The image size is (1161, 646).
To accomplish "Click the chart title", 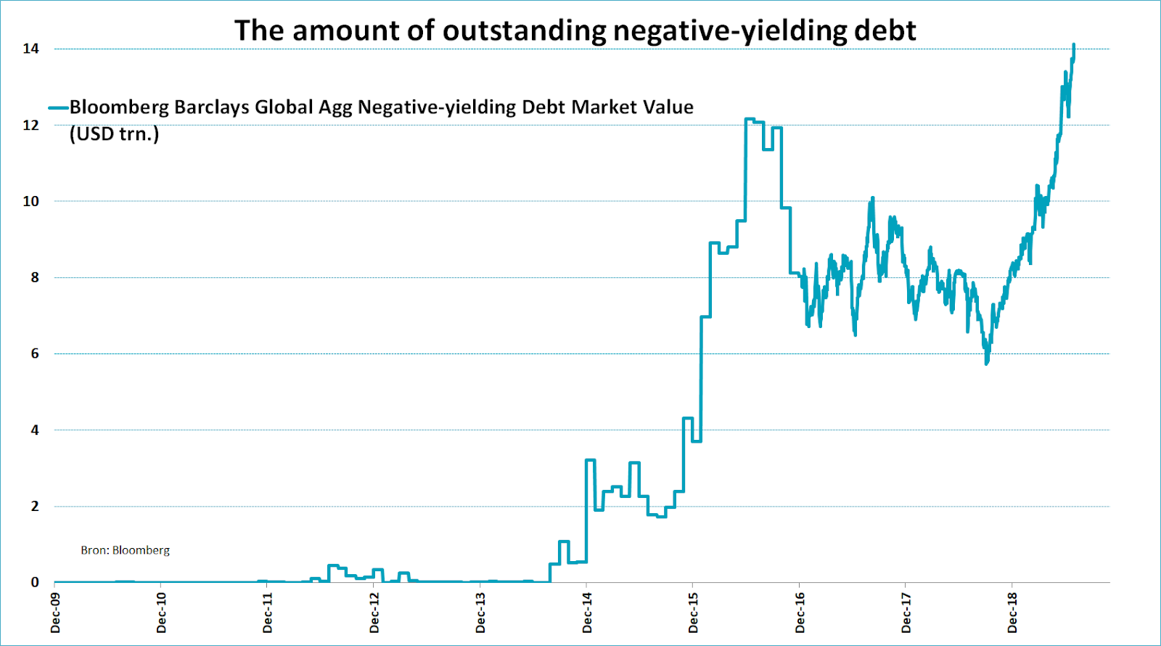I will (x=575, y=30).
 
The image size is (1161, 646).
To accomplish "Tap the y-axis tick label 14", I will (x=30, y=49).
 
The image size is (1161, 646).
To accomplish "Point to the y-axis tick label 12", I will (x=30, y=125).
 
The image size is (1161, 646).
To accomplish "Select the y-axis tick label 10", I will (x=30, y=201).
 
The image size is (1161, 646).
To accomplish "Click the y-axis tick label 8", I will (x=34, y=277).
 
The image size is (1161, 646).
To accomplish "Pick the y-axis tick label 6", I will (x=34, y=353).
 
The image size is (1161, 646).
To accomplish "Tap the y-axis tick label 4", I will (x=34, y=430).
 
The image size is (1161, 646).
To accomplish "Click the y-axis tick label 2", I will (x=34, y=506).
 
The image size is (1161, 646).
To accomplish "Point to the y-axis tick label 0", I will (x=34, y=582).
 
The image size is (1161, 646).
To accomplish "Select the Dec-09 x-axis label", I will (x=56, y=612).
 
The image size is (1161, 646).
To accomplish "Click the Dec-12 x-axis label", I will (x=374, y=612).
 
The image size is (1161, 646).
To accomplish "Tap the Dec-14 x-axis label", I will (x=587, y=612).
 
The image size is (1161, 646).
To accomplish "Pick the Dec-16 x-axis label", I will (x=800, y=612).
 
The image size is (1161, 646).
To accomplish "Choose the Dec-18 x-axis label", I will (x=1012, y=612).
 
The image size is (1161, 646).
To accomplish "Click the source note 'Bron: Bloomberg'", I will (x=125, y=550).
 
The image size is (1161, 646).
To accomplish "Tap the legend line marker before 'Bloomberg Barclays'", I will (x=58, y=108).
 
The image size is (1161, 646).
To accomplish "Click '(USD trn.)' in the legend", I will (x=114, y=134).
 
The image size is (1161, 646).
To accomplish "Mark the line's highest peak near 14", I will (x=1073, y=45).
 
